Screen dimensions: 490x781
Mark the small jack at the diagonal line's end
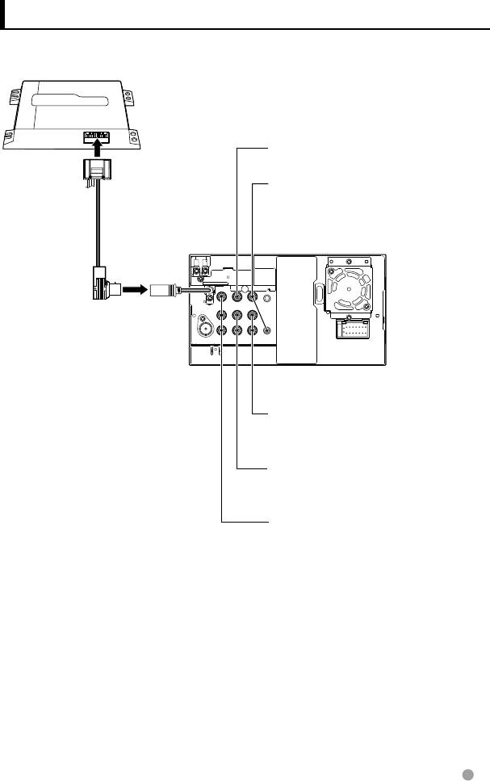point(267,329)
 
